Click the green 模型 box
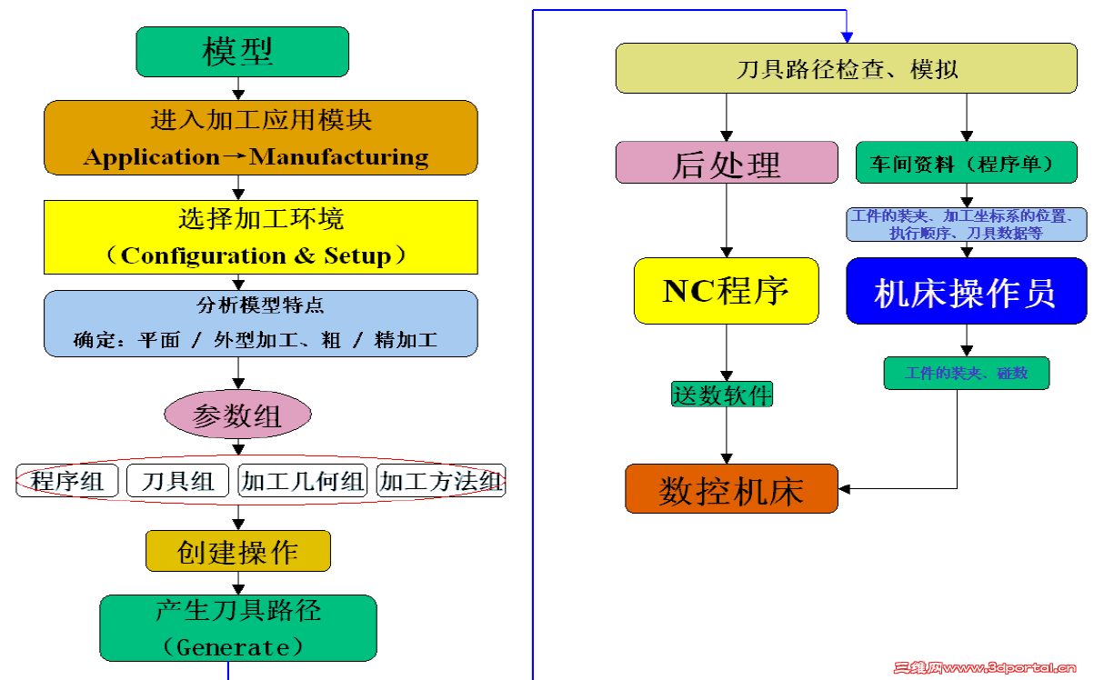[242, 52]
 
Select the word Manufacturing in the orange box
[339, 157]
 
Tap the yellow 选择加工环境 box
[260, 237]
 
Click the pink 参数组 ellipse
[237, 416]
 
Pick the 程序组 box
[67, 481]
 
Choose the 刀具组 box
[178, 481]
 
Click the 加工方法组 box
[441, 481]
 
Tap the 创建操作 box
[237, 552]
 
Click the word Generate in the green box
[236, 647]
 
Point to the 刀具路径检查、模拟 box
[846, 68]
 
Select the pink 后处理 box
[726, 164]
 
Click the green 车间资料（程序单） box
[966, 164]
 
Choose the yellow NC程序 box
[726, 291]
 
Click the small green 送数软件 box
[722, 395]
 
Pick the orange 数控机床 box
[731, 490]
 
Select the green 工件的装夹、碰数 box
[966, 374]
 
